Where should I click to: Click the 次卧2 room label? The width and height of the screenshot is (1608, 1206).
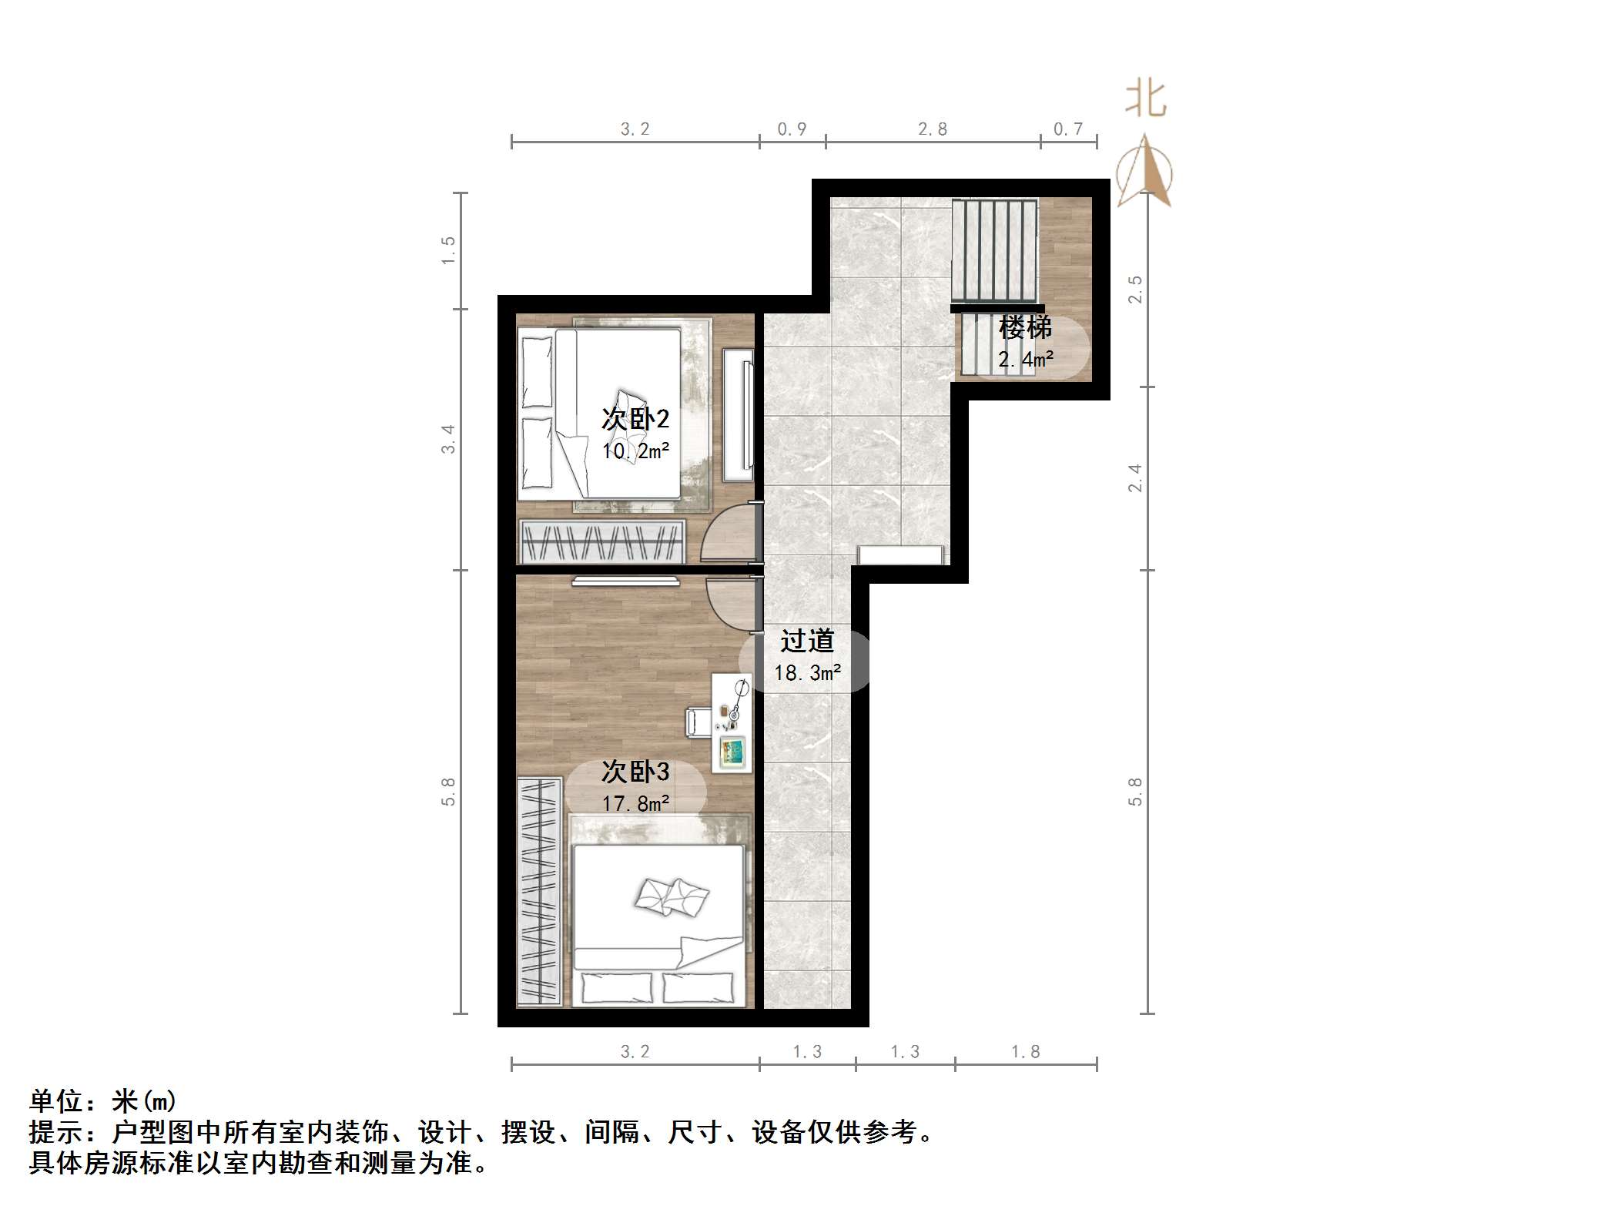point(635,419)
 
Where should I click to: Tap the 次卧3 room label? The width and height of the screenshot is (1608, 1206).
point(635,771)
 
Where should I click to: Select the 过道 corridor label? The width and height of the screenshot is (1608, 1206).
point(807,640)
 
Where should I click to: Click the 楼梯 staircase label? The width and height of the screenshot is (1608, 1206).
point(1025,328)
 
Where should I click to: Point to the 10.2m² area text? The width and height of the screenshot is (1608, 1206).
point(635,451)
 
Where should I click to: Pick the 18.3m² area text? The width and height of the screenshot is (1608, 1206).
point(807,673)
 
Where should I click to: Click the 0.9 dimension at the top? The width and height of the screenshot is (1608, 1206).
point(792,129)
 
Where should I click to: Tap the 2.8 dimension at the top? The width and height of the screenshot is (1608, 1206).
point(933,129)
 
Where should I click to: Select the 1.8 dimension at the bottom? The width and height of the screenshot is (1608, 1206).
point(1025,1051)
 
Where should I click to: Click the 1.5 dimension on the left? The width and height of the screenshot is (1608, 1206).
point(448,250)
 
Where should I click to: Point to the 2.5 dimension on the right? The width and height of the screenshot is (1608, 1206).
point(1135,290)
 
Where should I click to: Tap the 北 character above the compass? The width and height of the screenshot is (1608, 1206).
point(1145,100)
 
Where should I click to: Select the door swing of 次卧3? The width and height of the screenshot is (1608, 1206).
point(732,605)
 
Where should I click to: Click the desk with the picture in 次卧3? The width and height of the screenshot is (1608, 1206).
point(732,722)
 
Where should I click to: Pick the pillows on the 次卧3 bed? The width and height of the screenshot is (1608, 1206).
point(671,896)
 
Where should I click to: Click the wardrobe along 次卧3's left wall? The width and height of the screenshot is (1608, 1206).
point(538,891)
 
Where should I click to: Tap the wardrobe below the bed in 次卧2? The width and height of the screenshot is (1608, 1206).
point(602,541)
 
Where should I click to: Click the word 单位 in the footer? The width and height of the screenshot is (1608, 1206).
point(55,1101)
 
